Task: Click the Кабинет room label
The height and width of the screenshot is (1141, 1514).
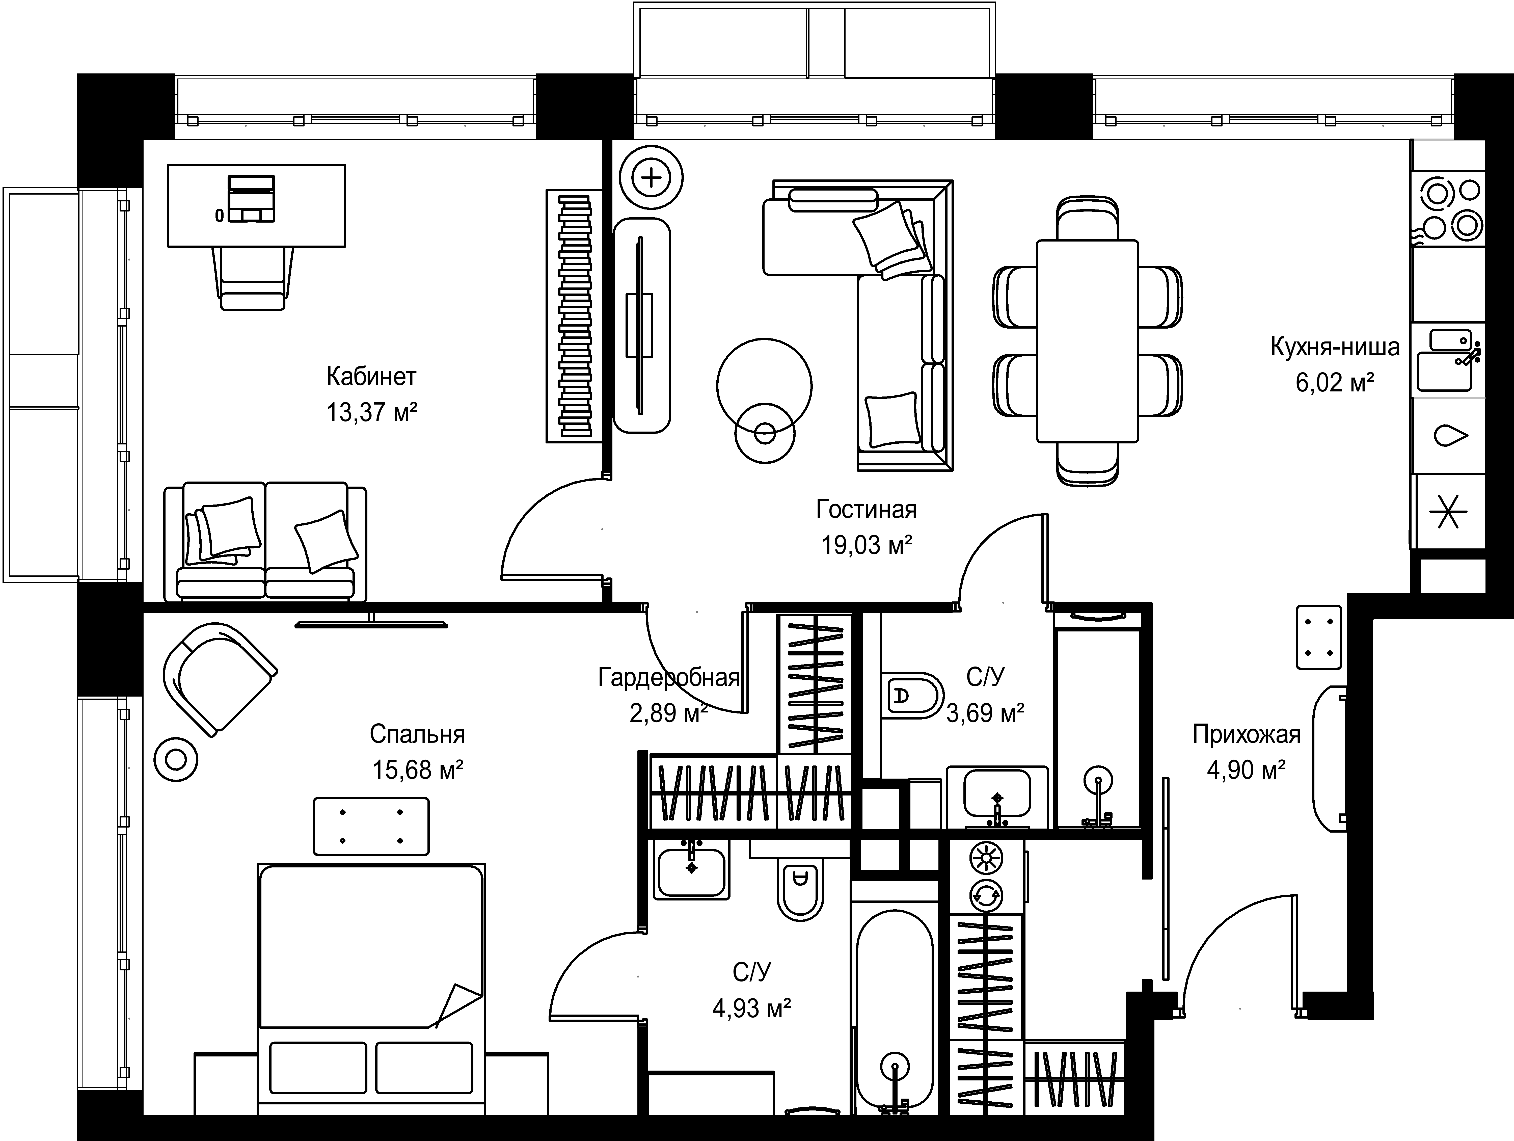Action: tap(371, 377)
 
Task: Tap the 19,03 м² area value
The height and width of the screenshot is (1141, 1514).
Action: tap(867, 546)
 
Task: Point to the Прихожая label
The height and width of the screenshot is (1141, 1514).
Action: tap(1246, 734)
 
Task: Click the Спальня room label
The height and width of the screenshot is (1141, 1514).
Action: tap(418, 734)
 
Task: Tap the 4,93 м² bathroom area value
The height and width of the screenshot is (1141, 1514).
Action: tap(752, 1008)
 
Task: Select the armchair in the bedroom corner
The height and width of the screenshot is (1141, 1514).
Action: tap(219, 678)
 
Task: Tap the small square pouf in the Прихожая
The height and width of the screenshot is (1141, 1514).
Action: tap(1318, 636)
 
